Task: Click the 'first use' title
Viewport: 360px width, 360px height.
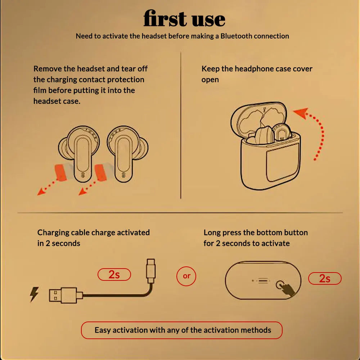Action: (184, 19)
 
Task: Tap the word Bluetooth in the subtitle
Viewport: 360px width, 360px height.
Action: (236, 36)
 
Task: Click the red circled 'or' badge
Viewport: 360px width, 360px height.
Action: (186, 276)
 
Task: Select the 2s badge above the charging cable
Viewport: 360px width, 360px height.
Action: (114, 275)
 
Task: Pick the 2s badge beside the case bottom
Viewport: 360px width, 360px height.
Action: (325, 278)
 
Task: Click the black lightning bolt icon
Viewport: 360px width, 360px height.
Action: (34, 294)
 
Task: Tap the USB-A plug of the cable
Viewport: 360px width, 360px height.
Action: (63, 295)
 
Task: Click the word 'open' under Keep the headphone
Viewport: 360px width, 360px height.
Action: (210, 80)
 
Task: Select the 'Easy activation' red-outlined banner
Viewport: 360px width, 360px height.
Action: (182, 330)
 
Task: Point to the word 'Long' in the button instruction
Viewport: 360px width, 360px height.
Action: (212, 233)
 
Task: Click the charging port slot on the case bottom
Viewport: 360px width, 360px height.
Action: (263, 281)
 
